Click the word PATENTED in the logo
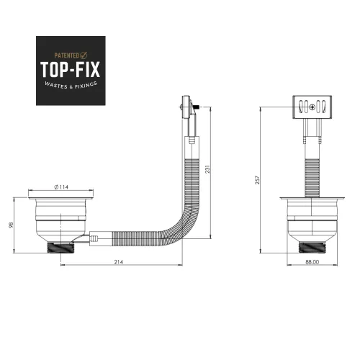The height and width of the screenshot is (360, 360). pyautogui.click(x=66, y=55)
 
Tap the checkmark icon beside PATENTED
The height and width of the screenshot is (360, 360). pyautogui.click(x=84, y=55)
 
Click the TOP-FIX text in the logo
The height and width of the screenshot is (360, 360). pyautogui.click(x=70, y=70)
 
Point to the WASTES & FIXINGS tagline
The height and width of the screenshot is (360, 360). pyautogui.click(x=71, y=85)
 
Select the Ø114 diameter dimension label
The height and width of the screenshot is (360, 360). pyautogui.click(x=61, y=187)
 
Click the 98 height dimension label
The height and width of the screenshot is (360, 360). pyautogui.click(x=11, y=225)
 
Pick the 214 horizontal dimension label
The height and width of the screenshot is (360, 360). pyautogui.click(x=119, y=262)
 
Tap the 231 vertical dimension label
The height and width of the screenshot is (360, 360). pyautogui.click(x=208, y=169)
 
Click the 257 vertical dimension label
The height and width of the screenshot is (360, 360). pyautogui.click(x=257, y=180)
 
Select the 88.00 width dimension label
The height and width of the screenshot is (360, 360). pyautogui.click(x=312, y=262)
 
